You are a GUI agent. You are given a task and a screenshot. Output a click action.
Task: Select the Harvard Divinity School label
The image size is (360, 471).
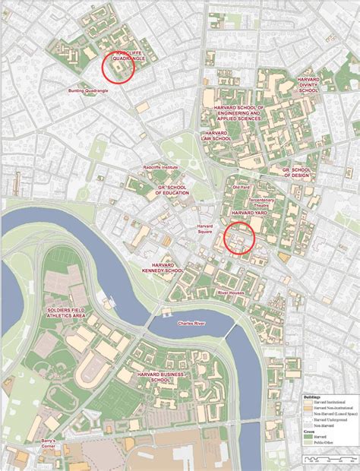pos(308,84)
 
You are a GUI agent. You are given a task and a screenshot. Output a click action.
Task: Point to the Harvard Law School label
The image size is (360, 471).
pos(216,135)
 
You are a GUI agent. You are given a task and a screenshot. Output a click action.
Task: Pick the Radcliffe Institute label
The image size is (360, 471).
pos(159,166)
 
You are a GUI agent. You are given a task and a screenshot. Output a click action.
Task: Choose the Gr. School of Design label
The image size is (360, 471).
pos(297,172)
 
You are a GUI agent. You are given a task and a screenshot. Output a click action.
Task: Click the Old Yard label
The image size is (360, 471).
pos(240,185)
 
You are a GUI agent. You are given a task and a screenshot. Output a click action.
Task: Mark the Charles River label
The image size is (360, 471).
pos(192,324)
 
